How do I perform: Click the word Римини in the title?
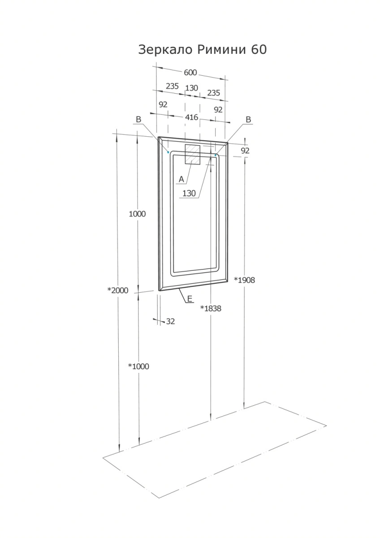(221, 49)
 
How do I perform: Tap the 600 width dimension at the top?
(190, 73)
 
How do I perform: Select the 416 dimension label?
(191, 117)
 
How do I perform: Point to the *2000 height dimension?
(118, 291)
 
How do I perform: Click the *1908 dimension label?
(244, 280)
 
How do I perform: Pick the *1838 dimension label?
(211, 308)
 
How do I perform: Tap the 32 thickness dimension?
(170, 321)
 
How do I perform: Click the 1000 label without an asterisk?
(137, 214)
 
